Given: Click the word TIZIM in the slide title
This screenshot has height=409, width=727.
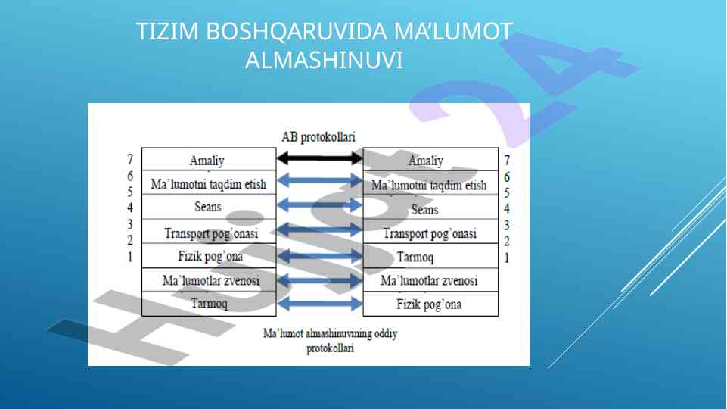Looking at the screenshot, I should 168,32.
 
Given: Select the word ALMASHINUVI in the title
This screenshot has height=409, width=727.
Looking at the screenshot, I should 324,61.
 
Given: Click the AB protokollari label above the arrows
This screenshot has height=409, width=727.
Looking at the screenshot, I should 318,137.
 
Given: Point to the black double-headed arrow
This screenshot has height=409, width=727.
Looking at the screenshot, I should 320,158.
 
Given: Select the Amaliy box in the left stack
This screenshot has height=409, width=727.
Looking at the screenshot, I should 207,160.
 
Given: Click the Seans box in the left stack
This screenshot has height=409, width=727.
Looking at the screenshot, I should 207,206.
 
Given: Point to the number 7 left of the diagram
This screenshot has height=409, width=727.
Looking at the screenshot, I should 130,160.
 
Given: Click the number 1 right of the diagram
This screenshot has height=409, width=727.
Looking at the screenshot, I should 507,258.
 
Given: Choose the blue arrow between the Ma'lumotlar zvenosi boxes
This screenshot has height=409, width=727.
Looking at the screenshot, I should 320,280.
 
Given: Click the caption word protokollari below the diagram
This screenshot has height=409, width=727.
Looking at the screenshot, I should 330,349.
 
